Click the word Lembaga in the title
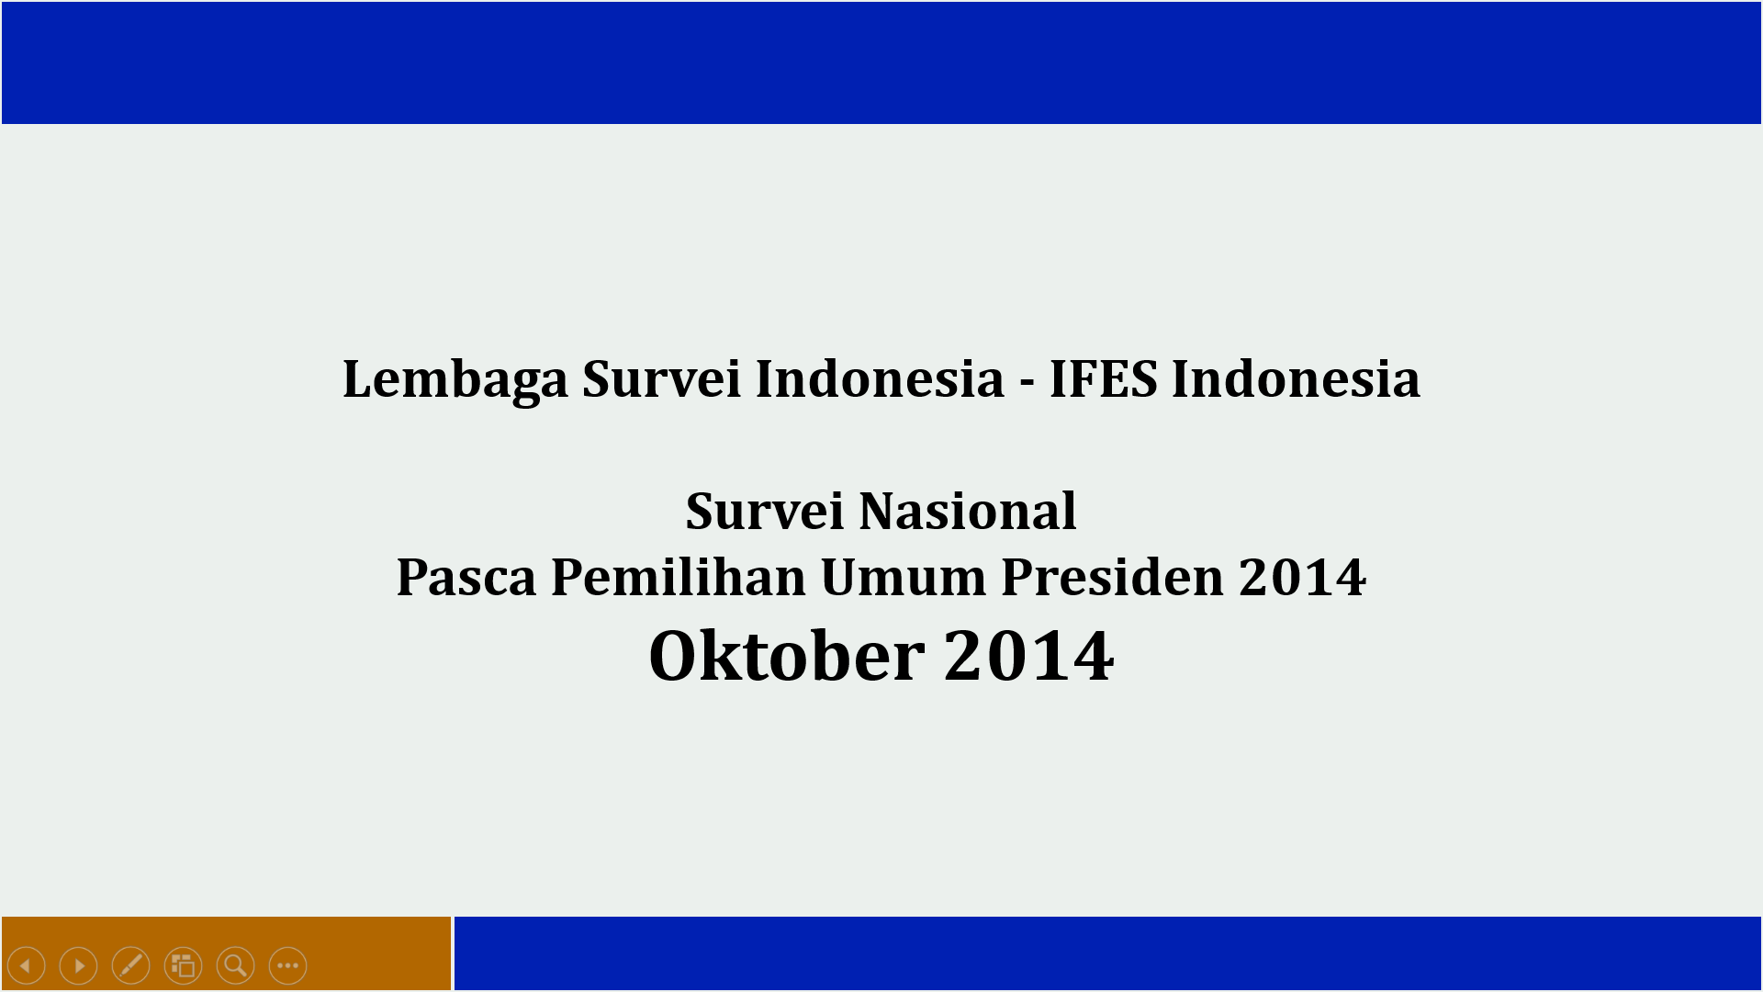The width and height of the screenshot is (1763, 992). [455, 379]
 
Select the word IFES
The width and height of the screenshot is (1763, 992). [1103, 378]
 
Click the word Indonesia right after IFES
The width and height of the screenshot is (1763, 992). [1296, 378]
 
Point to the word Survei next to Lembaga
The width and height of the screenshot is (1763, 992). [661, 378]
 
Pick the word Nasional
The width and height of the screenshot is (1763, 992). [967, 511]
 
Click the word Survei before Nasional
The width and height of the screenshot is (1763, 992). [764, 511]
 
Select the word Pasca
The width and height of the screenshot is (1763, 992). [466, 577]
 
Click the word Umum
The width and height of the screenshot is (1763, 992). [904, 577]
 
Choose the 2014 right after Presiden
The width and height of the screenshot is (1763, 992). [1302, 577]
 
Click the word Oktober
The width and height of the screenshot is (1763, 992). [787, 656]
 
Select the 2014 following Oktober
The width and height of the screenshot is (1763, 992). [1028, 656]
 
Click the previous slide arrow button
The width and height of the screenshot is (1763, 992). [27, 965]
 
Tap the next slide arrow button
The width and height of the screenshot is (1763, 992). [79, 965]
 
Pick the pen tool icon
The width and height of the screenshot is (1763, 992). [131, 965]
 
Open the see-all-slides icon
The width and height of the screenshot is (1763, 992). [184, 965]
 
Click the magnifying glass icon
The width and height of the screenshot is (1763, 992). [236, 965]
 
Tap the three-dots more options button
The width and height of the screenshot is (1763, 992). [288, 965]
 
